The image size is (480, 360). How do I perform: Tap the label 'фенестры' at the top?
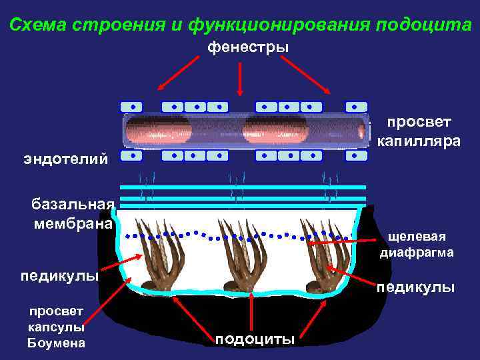(x=248, y=47)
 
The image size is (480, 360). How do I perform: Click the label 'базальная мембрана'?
(x=73, y=213)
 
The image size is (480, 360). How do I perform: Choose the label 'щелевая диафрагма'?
(x=417, y=245)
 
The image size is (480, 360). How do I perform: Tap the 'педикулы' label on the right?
(x=415, y=287)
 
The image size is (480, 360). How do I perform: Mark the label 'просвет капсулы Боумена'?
(x=56, y=327)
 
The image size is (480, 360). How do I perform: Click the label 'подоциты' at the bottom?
(x=255, y=339)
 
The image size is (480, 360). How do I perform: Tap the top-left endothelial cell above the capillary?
(x=132, y=107)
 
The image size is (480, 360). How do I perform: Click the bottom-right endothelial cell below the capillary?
(x=357, y=155)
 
